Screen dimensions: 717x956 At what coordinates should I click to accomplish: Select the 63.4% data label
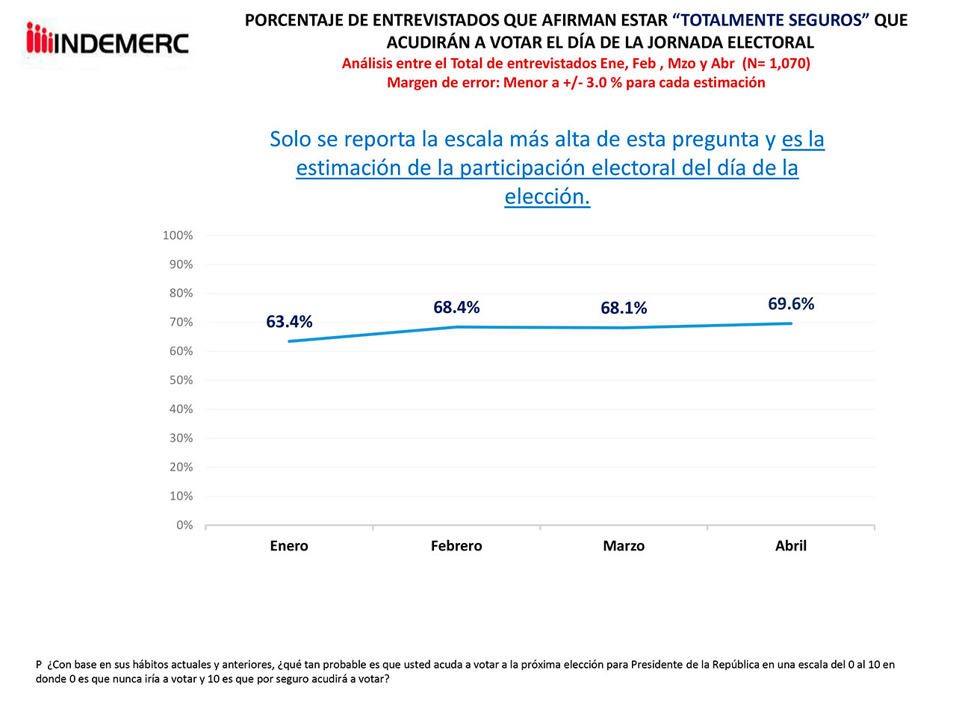click(x=289, y=322)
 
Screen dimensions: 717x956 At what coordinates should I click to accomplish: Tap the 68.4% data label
click(x=456, y=308)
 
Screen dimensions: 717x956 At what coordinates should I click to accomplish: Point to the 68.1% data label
click(x=624, y=308)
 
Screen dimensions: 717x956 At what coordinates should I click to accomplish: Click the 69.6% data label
click(x=791, y=304)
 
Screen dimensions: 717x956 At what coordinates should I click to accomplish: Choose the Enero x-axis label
click(x=289, y=546)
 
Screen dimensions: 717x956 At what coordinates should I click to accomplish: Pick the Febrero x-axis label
click(x=456, y=546)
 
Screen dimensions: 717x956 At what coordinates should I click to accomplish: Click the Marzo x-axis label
click(x=624, y=546)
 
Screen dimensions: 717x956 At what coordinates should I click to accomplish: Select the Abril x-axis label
click(x=791, y=546)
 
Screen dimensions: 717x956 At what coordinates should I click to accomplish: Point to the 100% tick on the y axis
click(x=178, y=235)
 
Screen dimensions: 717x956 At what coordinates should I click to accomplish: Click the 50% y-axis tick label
click(x=180, y=380)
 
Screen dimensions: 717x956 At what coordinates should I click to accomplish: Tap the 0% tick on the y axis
click(x=184, y=525)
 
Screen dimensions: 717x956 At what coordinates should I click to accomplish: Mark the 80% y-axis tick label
click(x=180, y=294)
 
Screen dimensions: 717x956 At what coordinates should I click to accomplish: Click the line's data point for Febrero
click(x=456, y=327)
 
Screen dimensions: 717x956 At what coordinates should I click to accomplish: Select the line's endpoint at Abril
click(x=791, y=323)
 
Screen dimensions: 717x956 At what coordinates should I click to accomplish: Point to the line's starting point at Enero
click(x=289, y=341)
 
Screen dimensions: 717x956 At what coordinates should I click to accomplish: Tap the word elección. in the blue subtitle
click(x=547, y=196)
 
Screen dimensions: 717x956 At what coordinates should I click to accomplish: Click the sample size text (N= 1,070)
click(x=776, y=63)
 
